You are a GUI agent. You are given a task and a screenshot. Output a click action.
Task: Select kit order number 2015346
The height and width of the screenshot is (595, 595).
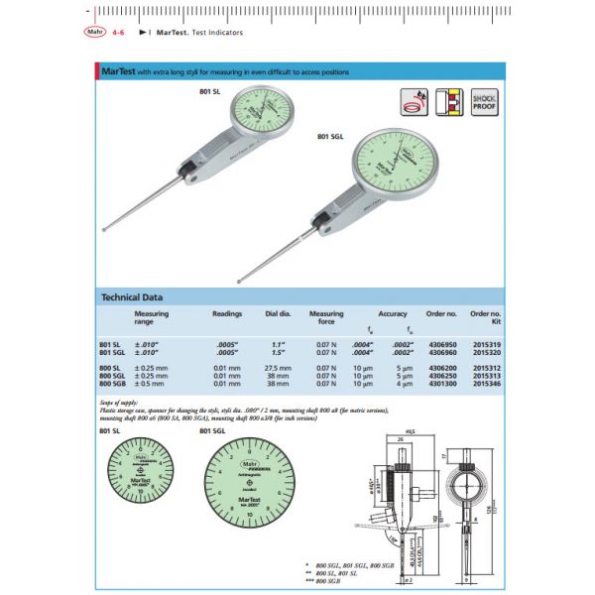coord(486,381)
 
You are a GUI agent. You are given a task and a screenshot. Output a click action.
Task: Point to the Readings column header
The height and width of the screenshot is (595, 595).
coord(227,313)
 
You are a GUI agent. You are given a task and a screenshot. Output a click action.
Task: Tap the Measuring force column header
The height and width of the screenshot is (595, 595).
coord(326,317)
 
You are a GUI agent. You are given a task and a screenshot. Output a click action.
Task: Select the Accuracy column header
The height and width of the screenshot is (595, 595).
coord(392,313)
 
